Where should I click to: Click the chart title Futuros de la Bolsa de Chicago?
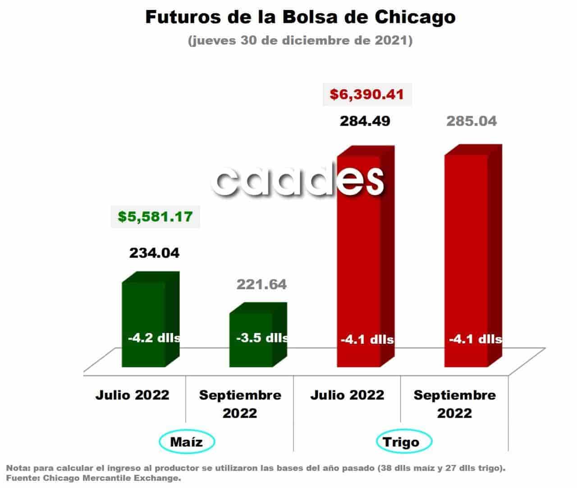300,17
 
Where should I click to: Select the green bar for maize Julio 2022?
151,319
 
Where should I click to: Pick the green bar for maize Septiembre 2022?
258,334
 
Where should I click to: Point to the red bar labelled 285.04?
473,255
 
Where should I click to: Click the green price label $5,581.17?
155,217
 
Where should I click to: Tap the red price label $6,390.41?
367,94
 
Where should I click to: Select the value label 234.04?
154,253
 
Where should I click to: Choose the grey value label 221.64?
261,285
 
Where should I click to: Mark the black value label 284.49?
365,121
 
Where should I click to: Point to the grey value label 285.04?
472,121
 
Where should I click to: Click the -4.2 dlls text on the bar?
154,338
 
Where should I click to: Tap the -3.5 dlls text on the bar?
262,338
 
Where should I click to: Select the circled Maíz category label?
187,442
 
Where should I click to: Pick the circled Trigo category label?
404,442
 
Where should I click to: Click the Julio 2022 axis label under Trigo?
347,395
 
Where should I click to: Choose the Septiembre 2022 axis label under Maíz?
240,404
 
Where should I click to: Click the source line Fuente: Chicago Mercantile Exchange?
93,478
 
